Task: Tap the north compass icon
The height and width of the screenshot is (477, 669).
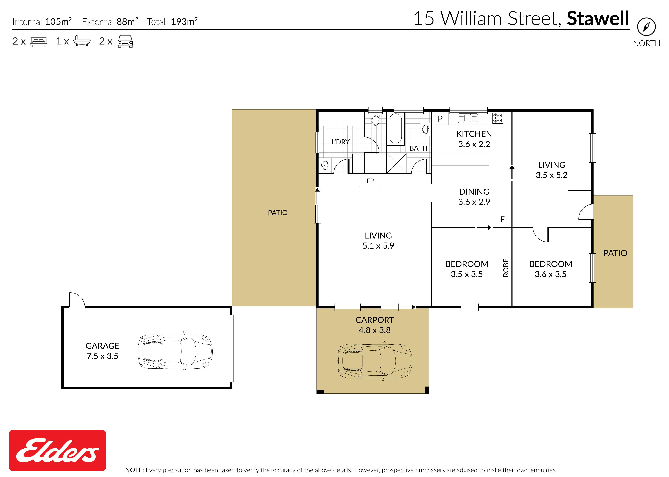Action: click(646, 27)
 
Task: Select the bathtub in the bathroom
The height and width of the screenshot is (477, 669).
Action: click(396, 129)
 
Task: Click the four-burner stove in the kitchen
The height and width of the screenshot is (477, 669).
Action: click(498, 118)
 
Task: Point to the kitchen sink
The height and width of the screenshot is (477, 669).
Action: click(468, 118)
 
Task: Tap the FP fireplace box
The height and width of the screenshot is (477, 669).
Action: click(370, 181)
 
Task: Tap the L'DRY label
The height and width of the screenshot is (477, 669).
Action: click(340, 142)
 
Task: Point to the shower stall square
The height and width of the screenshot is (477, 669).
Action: click(397, 163)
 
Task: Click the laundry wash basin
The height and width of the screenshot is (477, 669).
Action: click(325, 165)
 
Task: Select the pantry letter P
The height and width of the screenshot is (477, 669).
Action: click(440, 119)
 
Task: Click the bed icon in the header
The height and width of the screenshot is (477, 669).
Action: click(38, 42)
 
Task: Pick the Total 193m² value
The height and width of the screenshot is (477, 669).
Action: click(184, 21)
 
